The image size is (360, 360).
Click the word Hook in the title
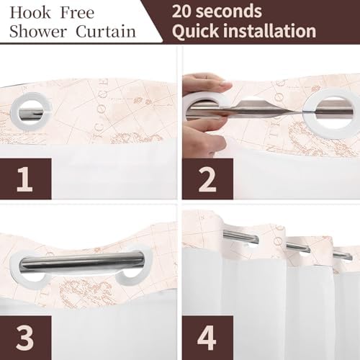tap(30, 13)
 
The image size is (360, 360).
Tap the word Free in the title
tap(77, 13)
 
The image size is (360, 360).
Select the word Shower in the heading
tap(38, 32)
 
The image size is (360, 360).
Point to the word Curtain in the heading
tap(106, 32)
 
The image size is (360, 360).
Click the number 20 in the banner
tap(182, 12)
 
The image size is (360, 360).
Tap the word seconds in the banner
tap(229, 12)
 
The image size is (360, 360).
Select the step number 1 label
tap(24, 179)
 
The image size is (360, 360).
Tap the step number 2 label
tap(207, 179)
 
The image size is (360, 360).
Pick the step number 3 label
tap(25, 337)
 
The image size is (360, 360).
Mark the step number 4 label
tap(207, 337)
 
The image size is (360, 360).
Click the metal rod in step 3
tap(82, 261)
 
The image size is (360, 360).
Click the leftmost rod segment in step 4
tap(240, 236)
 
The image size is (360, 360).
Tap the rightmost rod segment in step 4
tap(343, 256)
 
